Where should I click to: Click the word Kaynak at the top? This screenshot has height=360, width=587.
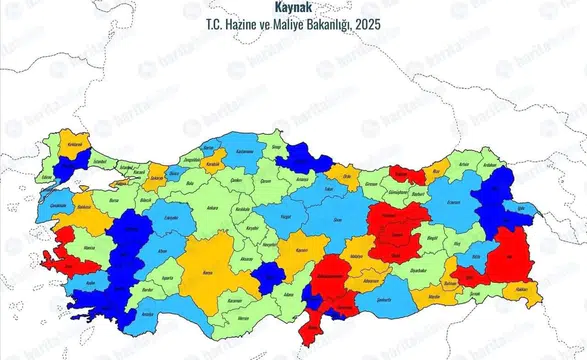click(293, 6)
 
